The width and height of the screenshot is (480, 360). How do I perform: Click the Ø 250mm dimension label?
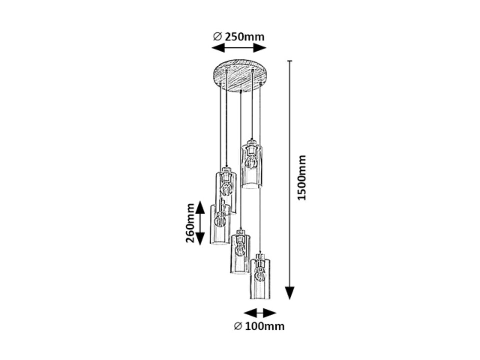[x=239, y=37]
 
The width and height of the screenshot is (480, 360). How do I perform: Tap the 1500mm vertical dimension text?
[x=302, y=177]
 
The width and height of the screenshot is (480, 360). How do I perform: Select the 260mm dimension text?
[x=190, y=223]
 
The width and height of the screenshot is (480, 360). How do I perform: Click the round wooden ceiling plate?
[x=240, y=75]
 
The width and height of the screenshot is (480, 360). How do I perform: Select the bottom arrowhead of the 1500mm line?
[x=290, y=293]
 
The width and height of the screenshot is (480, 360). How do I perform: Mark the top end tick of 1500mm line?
[x=290, y=61]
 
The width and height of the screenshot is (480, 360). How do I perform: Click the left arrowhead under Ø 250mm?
[x=218, y=48]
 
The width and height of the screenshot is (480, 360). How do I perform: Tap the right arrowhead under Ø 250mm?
[x=260, y=48]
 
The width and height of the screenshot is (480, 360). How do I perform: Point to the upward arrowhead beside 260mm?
[x=200, y=207]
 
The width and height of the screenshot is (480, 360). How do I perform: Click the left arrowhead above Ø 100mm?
[x=250, y=313]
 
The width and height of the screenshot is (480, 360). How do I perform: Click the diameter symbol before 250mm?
[x=217, y=37]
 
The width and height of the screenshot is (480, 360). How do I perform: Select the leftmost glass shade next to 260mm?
[x=220, y=225]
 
